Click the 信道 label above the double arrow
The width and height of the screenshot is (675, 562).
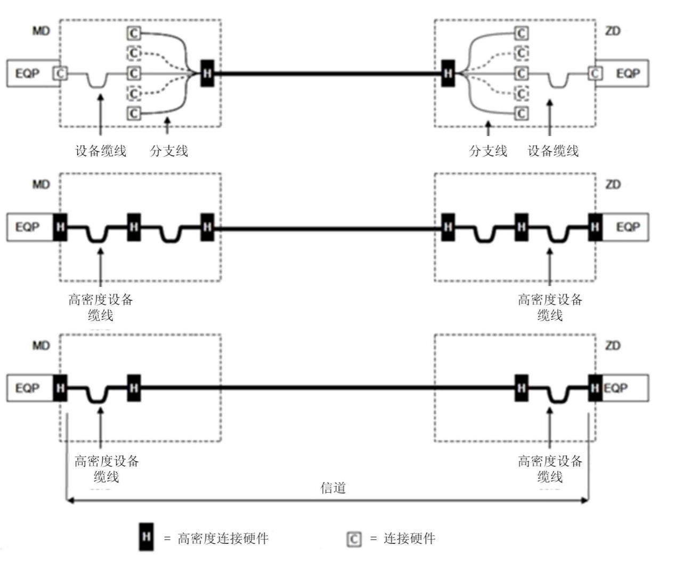333,487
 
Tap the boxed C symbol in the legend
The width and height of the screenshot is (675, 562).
354,539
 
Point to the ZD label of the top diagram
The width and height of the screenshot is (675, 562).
613,31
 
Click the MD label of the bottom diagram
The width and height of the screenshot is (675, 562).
41,346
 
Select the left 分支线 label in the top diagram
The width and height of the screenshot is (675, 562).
169,151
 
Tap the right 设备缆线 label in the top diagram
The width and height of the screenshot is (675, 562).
553,151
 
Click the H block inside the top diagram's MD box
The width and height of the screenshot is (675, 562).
207,73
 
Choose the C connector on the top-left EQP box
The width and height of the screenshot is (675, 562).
61,73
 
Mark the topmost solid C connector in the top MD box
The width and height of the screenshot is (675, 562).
134,34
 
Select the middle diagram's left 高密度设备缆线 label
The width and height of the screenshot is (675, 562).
101,307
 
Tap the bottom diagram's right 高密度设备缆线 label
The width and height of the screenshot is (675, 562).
550,468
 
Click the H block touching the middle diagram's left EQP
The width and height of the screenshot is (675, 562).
60,227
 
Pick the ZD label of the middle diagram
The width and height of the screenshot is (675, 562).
613,184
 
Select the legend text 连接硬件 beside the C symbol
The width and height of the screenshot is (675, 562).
409,539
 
